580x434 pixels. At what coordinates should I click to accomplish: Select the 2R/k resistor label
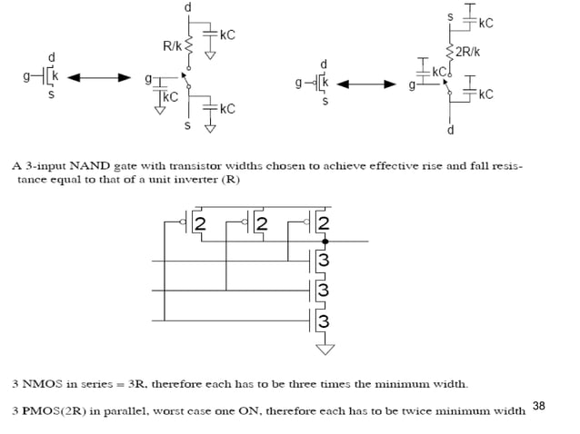tap(468, 52)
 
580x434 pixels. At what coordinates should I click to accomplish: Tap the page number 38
tap(538, 406)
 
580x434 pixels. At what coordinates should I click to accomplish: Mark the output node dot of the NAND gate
tap(325, 242)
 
